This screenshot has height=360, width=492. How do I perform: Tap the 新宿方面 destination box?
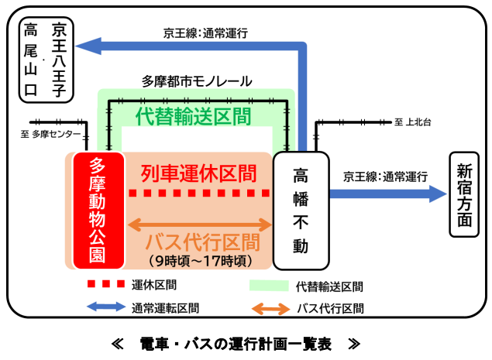tap(463, 194)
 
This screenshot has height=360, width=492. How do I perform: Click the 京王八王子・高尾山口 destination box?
tap(46, 60)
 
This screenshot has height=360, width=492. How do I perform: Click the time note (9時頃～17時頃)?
tap(199, 261)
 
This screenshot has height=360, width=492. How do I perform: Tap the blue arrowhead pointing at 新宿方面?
tap(438, 194)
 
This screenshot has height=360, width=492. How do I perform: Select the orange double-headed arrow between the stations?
tap(199, 225)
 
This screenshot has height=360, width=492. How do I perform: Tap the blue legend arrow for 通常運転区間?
tap(105, 307)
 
